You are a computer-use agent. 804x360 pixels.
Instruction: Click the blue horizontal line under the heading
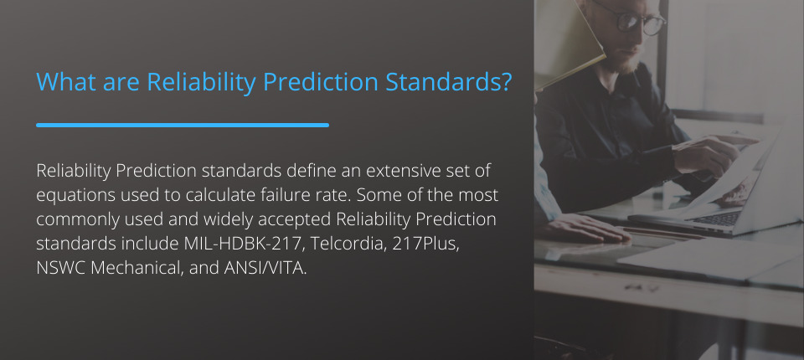(x=183, y=125)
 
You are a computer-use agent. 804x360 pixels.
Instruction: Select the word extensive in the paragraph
(x=382, y=171)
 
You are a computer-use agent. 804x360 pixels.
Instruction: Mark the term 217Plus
(x=425, y=244)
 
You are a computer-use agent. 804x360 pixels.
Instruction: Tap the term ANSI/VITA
(x=265, y=268)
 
